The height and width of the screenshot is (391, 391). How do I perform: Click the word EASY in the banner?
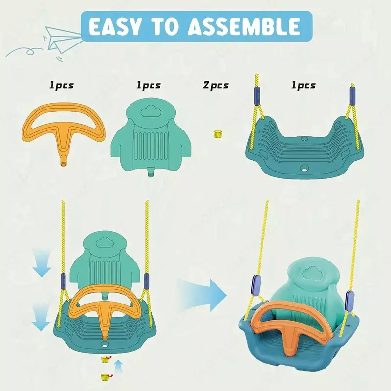pos(115,26)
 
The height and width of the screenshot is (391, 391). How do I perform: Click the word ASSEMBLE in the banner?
pos(243,26)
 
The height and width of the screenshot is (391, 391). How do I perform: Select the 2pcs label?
pos(216,86)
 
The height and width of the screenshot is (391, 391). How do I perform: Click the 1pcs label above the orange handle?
pos(62,86)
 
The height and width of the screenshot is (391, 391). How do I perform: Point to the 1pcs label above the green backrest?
pos(149,86)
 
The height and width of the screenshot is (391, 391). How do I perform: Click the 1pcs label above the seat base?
pos(303,86)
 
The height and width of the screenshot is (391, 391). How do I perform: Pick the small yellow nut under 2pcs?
pos(217,134)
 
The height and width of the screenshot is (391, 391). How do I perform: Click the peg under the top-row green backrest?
pos(151,173)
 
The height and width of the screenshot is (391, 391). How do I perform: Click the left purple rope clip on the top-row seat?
pos(258,93)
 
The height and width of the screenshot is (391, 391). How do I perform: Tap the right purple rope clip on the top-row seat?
pos(352,96)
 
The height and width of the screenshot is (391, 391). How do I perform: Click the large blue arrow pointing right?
pos(202,295)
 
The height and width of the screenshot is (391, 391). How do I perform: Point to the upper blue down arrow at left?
pos(42,264)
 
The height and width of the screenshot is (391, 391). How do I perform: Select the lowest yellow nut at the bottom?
pos(105,377)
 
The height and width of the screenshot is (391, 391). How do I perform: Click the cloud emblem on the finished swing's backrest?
pos(310,274)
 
